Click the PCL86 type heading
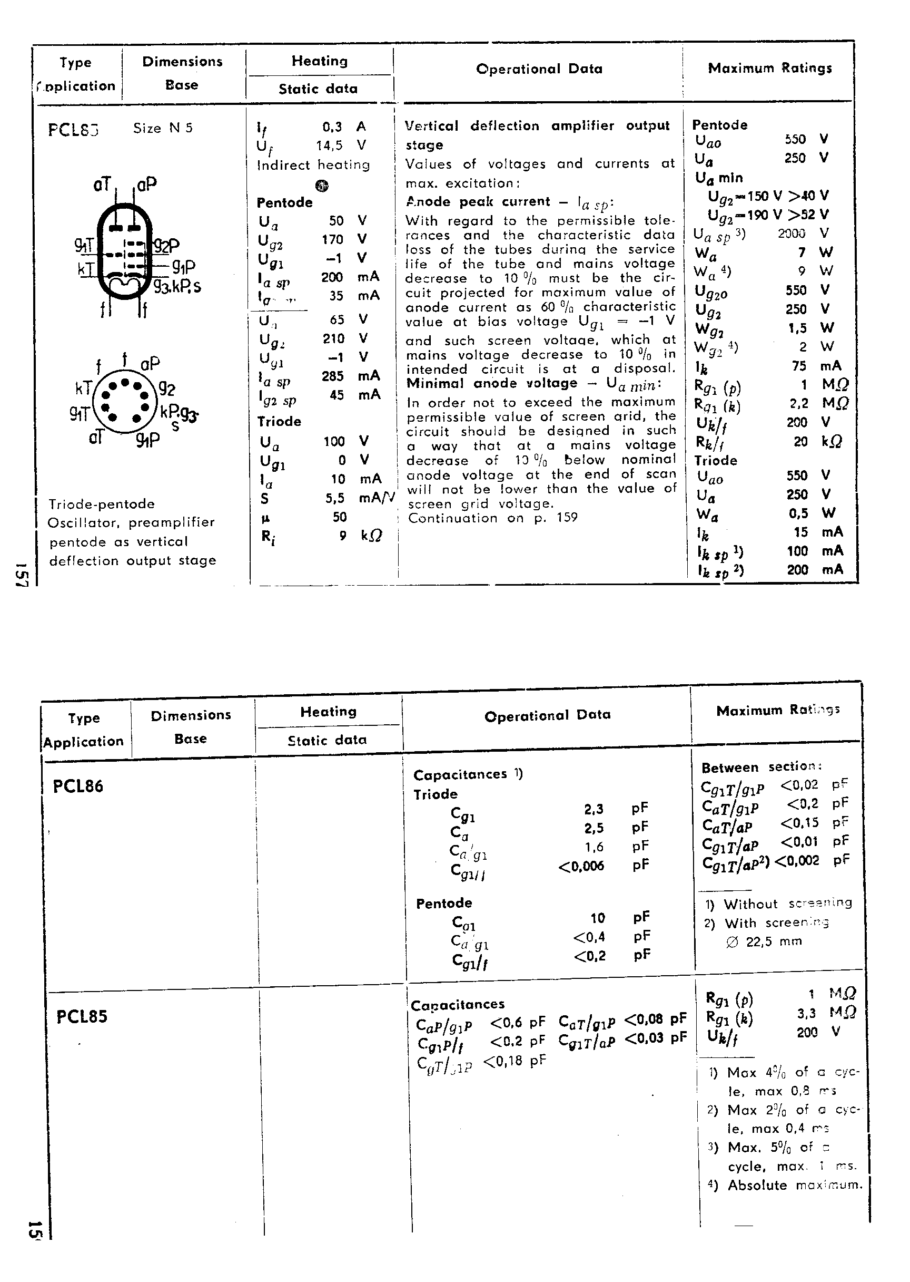(78, 786)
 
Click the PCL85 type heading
(82, 1016)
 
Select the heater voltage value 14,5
(329, 146)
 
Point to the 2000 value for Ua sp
(791, 234)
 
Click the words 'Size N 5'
(163, 129)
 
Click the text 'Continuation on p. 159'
(492, 518)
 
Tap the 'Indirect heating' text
(313, 165)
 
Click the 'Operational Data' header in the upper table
(539, 69)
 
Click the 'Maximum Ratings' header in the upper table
(770, 69)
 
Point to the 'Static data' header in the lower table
(327, 740)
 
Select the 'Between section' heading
(761, 766)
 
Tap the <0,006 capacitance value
(581, 867)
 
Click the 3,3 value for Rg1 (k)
(806, 1013)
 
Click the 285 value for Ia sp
(332, 376)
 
